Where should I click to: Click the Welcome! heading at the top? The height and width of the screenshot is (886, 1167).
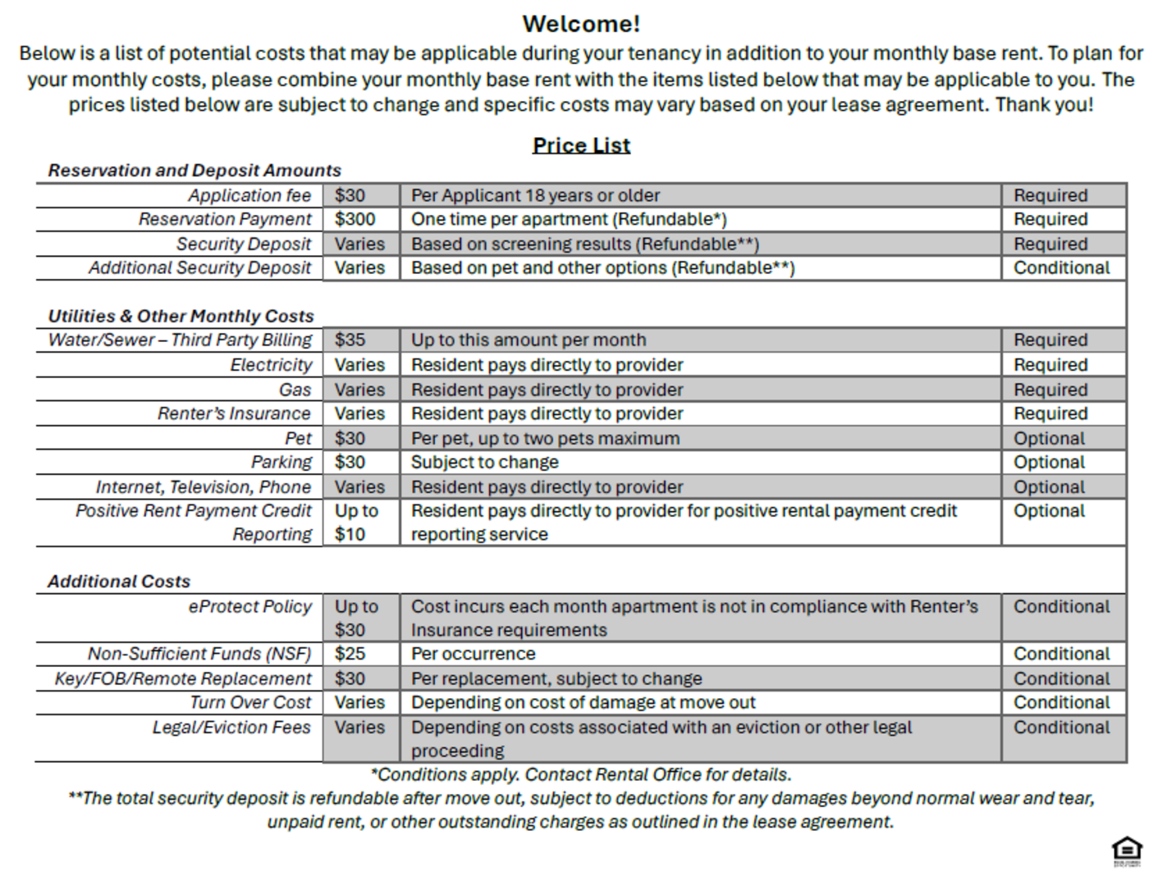point(581,24)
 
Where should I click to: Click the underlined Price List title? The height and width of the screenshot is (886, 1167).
point(581,145)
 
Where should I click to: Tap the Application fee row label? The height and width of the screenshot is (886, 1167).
point(249,195)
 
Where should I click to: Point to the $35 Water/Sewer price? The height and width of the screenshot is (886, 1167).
point(350,340)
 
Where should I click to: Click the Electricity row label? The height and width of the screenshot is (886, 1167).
point(271,365)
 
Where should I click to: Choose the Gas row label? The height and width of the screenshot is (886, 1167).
point(295,390)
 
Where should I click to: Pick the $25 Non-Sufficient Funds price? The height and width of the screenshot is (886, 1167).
point(350,654)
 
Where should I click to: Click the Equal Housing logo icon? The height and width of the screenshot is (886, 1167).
point(1127,850)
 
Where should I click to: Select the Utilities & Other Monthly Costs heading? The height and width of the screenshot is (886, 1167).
point(181,316)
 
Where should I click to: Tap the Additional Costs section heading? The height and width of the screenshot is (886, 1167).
point(119,582)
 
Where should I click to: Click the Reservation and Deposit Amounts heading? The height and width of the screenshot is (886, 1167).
point(194,171)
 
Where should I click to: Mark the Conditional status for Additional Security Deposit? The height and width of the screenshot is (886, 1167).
point(1061,268)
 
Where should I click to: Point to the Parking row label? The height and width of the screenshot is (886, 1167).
point(281,463)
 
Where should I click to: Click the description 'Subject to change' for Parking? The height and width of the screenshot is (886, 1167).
point(484,463)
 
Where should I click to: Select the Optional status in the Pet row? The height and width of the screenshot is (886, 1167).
point(1049,439)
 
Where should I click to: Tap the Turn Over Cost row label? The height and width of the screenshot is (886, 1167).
point(250,703)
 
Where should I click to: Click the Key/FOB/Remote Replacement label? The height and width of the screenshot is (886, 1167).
point(183,678)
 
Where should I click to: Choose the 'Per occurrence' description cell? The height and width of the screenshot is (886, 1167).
point(473,654)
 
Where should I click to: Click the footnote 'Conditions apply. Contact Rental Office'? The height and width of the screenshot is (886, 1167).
point(581,774)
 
